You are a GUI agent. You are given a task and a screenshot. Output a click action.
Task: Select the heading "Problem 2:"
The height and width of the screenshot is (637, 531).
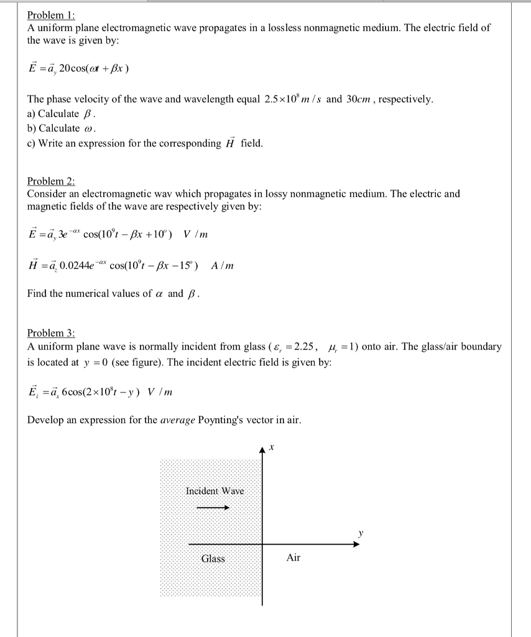point(51,181)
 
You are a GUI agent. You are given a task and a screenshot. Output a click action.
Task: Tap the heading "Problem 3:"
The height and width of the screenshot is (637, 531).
point(51,333)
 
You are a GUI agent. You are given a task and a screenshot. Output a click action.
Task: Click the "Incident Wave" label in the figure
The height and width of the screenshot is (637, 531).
point(215,491)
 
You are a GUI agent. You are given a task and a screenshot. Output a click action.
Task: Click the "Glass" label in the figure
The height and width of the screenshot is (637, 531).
point(213,558)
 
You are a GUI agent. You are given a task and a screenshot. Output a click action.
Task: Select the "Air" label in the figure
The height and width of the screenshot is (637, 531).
point(293,558)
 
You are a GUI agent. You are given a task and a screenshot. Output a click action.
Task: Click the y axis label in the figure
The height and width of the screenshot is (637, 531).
point(359,532)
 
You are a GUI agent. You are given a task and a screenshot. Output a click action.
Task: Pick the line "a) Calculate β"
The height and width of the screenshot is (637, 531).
point(62,114)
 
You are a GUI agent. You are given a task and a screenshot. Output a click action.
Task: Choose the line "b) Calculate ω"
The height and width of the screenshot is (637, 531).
point(63,128)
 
